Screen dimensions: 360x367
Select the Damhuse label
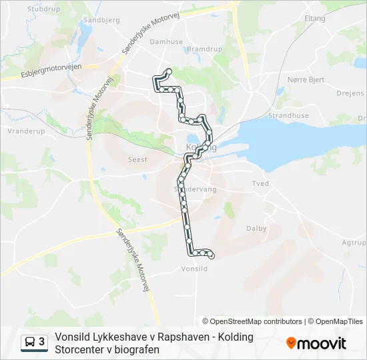coord(166,41)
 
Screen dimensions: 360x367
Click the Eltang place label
coord(315,18)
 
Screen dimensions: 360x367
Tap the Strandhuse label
coord(288,115)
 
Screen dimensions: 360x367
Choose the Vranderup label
coord(26,131)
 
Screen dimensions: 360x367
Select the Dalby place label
coord(256,229)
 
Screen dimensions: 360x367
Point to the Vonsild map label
coord(195,269)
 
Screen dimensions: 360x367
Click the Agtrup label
coord(354,243)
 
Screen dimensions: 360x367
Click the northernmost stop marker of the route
coord(168,71)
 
